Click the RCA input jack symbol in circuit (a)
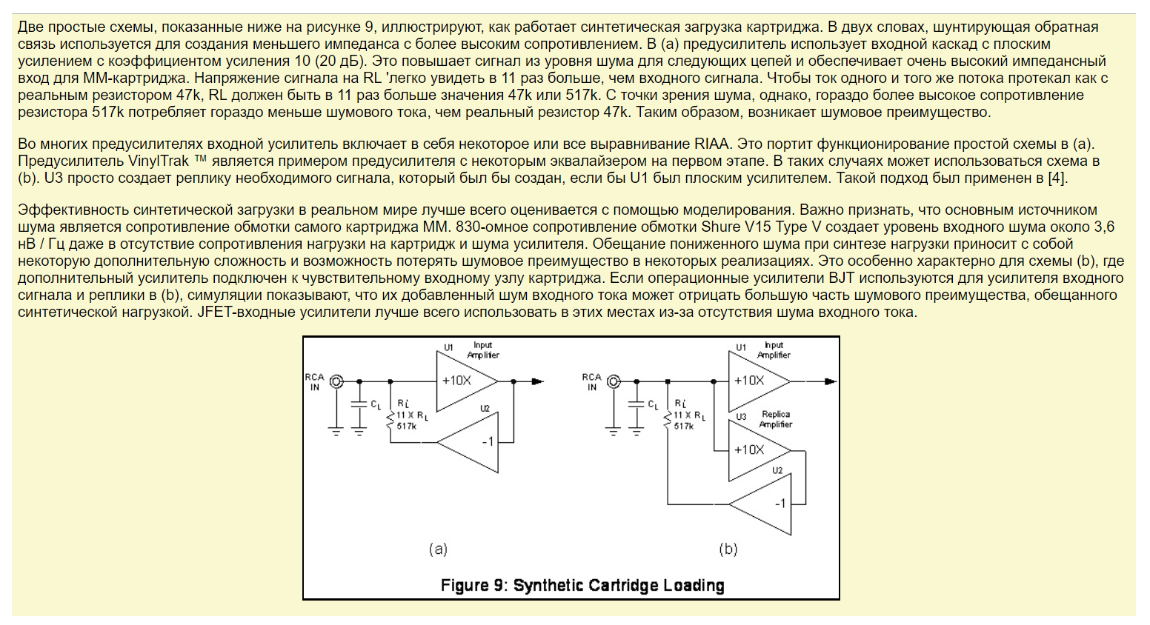(337, 381)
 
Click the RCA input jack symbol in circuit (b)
(614, 381)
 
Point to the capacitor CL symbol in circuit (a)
(359, 404)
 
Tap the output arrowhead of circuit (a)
(537, 381)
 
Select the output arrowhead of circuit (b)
(830, 381)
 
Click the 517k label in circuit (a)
(406, 426)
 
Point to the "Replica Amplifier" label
(775, 418)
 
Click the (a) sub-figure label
(438, 549)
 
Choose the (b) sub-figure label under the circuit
(728, 549)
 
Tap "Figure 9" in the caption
(474, 585)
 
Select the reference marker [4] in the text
(1057, 178)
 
